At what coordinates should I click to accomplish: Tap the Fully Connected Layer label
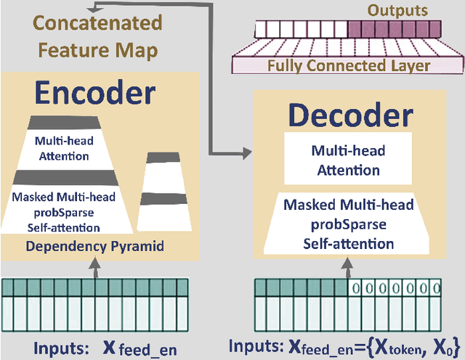click(x=348, y=66)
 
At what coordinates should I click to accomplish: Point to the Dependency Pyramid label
click(x=94, y=246)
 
